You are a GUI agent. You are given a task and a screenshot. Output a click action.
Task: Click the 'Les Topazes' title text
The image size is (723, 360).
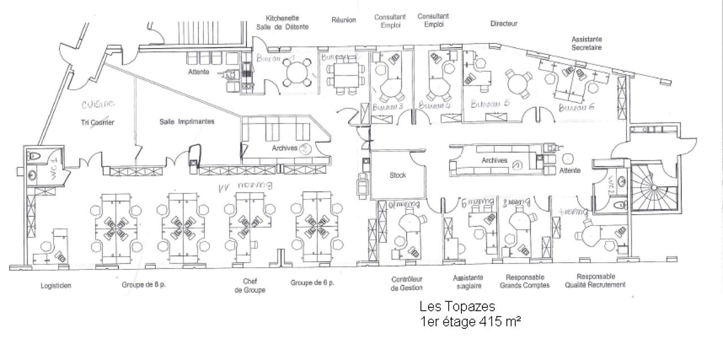(x=458, y=307)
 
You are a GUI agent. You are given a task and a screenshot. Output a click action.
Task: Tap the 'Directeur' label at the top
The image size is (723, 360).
(x=504, y=24)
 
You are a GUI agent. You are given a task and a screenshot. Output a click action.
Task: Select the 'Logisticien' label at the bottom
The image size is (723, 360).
(x=56, y=286)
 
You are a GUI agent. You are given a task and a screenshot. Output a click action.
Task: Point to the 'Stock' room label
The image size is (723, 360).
(x=398, y=175)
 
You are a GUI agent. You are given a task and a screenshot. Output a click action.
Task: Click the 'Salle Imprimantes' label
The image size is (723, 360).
(x=186, y=122)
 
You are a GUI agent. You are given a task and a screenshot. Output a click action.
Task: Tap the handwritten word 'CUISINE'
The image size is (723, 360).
(x=98, y=104)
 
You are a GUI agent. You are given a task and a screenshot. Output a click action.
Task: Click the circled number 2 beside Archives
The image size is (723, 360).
(x=305, y=148)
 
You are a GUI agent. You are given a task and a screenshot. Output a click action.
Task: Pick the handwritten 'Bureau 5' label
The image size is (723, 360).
(x=490, y=104)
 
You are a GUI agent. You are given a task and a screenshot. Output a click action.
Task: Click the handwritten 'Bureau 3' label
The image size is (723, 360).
(x=387, y=106)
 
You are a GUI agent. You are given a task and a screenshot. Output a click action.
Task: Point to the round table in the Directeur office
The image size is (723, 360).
(x=519, y=84)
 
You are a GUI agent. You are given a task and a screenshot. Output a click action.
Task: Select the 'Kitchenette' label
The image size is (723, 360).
(x=282, y=18)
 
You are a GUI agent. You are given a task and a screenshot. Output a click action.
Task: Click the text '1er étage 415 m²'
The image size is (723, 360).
(x=470, y=322)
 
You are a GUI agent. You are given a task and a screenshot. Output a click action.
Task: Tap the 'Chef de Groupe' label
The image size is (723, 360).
(x=250, y=285)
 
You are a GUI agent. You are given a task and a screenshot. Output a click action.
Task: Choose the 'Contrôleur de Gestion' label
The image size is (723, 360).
(x=407, y=283)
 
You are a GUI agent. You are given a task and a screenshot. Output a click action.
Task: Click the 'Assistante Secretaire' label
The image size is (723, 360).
(x=587, y=44)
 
